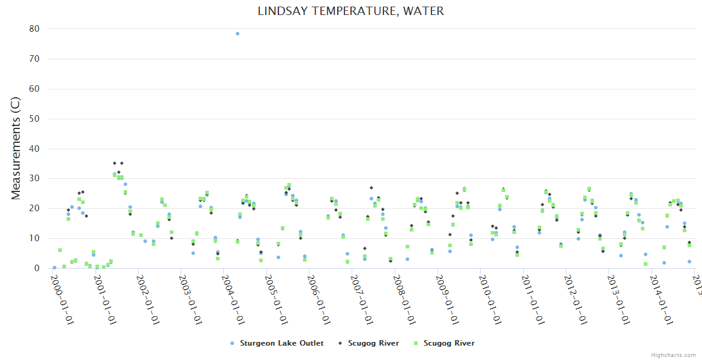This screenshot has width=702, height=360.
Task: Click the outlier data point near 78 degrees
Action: click(x=238, y=34)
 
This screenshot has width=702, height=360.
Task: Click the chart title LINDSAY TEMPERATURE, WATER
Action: click(x=351, y=11)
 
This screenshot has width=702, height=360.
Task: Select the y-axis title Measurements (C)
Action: click(x=16, y=148)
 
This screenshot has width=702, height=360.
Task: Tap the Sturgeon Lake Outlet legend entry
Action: click(x=281, y=343)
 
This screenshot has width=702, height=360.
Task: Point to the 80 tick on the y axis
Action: click(x=34, y=29)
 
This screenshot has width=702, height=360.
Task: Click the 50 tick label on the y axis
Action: click(x=34, y=119)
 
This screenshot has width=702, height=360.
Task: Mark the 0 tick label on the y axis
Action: click(x=37, y=268)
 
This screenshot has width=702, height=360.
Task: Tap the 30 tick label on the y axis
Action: click(x=34, y=178)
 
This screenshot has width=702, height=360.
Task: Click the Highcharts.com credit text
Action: click(x=673, y=355)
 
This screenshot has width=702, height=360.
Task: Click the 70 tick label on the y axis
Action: click(x=34, y=59)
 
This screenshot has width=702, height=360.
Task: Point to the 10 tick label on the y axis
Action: click(x=34, y=238)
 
